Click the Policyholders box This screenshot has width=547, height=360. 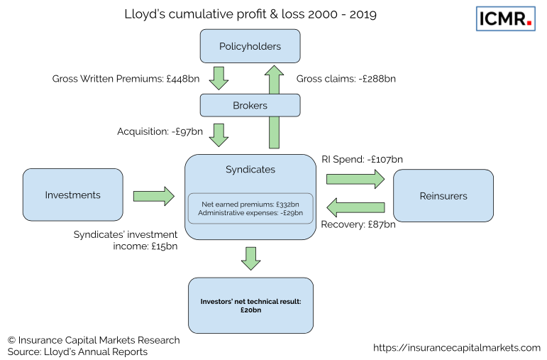tap(250, 47)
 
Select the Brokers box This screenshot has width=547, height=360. tap(250, 106)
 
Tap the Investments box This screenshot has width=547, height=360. tap(72, 195)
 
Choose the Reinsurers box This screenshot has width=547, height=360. tap(443, 195)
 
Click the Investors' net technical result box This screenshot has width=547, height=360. tap(250, 306)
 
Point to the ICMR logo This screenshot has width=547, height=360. tap(505, 19)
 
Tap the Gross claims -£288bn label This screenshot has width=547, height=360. tap(346, 78)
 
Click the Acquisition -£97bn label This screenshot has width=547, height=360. tap(160, 131)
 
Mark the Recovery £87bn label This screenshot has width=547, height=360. tap(358, 225)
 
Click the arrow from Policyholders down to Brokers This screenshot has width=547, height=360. tap(219, 77)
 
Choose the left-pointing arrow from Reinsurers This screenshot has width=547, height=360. tap(355, 207)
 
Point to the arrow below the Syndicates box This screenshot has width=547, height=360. tap(250, 258)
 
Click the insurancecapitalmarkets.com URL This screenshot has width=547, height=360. tap(456, 347)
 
